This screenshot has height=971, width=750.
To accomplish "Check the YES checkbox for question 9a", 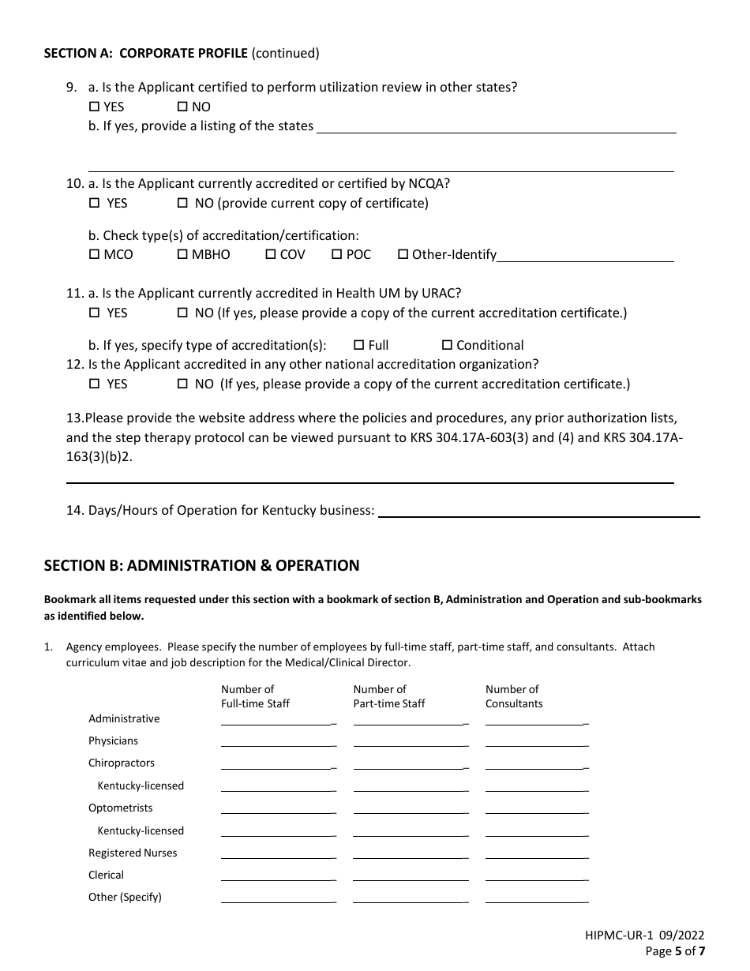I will pyautogui.click(x=94, y=107).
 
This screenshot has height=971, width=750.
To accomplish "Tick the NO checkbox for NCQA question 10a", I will pyautogui.click(x=182, y=203).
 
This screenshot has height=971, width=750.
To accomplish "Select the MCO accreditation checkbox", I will pyautogui.click(x=94, y=254).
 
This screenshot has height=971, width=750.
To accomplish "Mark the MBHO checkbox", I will pyautogui.click(x=182, y=254).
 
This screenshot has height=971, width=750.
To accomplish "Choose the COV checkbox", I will pyautogui.click(x=270, y=254).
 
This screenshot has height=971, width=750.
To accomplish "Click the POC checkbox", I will pyautogui.click(x=336, y=254).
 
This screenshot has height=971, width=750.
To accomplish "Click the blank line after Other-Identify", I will pyautogui.click(x=585, y=256).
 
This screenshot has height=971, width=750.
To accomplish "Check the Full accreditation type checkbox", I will pyautogui.click(x=358, y=345).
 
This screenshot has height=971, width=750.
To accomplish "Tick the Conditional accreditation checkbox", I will pyautogui.click(x=447, y=345).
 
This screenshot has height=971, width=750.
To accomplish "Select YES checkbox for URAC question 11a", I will pyautogui.click(x=94, y=313).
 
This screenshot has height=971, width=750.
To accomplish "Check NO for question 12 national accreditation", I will pyautogui.click(x=182, y=384).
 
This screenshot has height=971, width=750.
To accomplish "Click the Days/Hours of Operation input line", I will pyautogui.click(x=538, y=512).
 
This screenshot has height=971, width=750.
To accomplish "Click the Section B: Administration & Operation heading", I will pyautogui.click(x=201, y=565).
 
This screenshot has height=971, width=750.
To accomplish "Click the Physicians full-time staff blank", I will pyautogui.click(x=278, y=742).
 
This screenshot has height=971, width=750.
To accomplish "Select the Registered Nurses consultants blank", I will pyautogui.click(x=536, y=854).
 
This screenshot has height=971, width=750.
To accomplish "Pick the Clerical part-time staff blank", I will pyautogui.click(x=410, y=876).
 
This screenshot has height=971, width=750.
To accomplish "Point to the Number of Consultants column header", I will pyautogui.click(x=513, y=696).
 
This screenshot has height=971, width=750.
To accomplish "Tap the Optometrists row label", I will pyautogui.click(x=121, y=808).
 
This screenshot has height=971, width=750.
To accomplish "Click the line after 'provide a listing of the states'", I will pyautogui.click(x=496, y=128).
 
